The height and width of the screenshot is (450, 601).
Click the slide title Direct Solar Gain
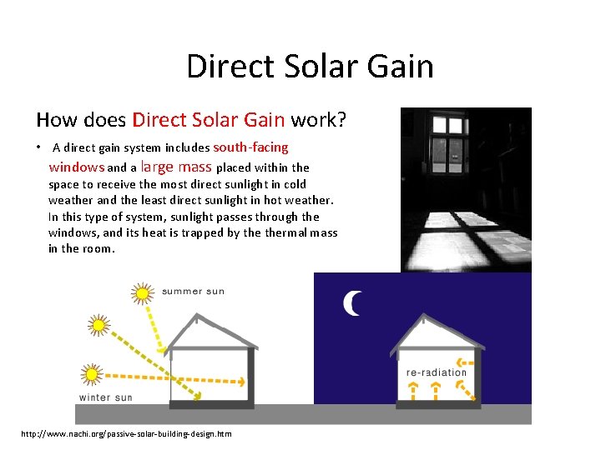pos(310,66)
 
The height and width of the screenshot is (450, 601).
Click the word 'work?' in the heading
pos(318,120)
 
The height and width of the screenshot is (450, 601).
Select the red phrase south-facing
pos(250,147)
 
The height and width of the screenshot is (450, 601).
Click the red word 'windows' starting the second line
pos(76,167)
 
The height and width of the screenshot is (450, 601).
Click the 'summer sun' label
pos(193,291)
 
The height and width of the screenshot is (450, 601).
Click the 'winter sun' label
pos(105,397)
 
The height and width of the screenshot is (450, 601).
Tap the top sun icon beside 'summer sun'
pos(143,292)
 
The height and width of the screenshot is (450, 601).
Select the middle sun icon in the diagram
pos(99,324)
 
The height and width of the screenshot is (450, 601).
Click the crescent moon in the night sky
pos(352,304)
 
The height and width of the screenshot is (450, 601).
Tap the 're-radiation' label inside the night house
pos(437,372)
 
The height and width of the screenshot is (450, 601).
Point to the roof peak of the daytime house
pos(197,317)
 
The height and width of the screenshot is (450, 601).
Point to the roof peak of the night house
pos(437,317)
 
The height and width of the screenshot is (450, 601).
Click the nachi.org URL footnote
pos(126,434)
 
